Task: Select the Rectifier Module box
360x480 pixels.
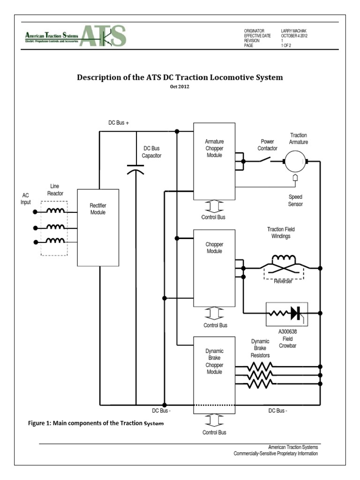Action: pyautogui.click(x=97, y=227)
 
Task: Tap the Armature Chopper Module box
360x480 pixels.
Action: pyautogui.click(x=214, y=161)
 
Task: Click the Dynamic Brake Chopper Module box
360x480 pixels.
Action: pyautogui.click(x=214, y=375)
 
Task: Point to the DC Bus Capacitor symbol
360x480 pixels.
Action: pyautogui.click(x=136, y=170)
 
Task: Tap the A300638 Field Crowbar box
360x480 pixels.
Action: pyautogui.click(x=286, y=313)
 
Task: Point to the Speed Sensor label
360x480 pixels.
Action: pyautogui.click(x=296, y=201)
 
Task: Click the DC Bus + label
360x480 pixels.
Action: pyautogui.click(x=119, y=122)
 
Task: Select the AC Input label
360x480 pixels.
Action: pyautogui.click(x=26, y=198)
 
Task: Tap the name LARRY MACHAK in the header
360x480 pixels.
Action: pyautogui.click(x=294, y=30)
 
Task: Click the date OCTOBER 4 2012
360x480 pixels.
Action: pyautogui.click(x=294, y=36)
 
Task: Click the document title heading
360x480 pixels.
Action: pyautogui.click(x=180, y=77)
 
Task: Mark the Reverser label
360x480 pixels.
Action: pyautogui.click(x=283, y=281)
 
